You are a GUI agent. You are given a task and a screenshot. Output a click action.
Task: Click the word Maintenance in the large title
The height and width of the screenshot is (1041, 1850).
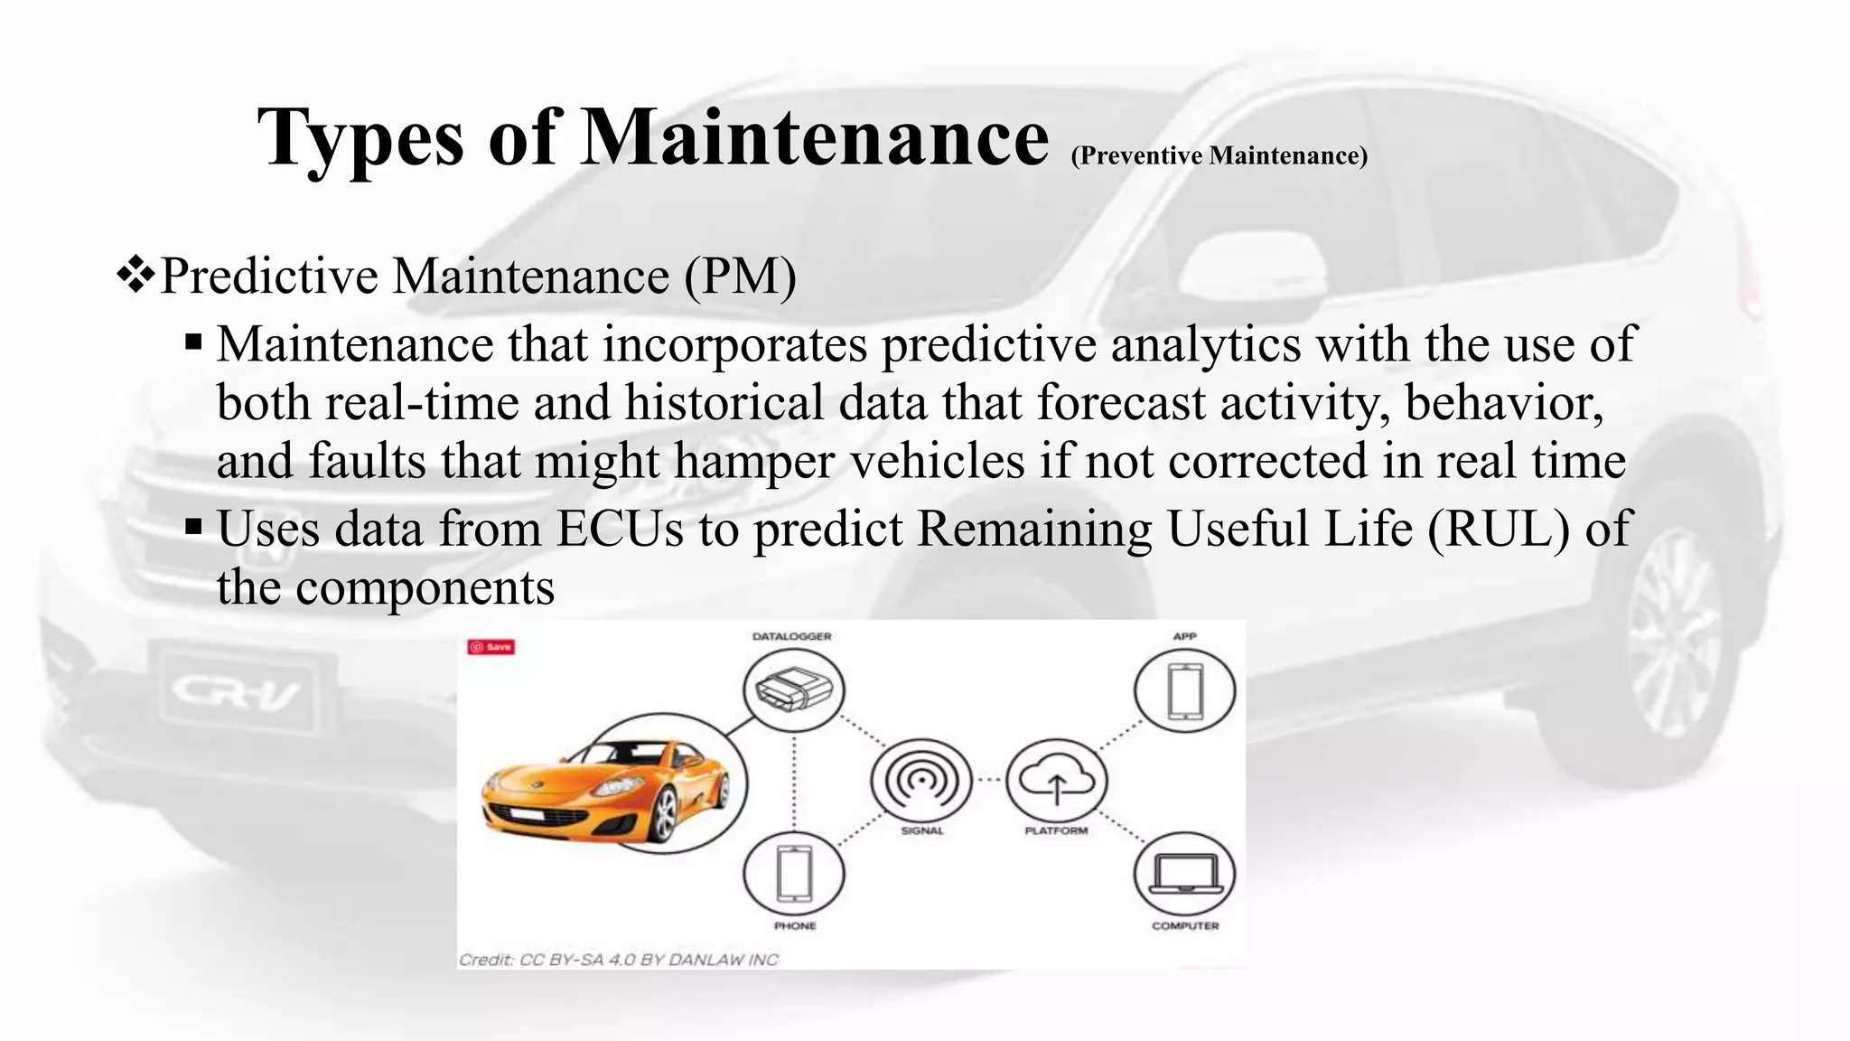coord(813,137)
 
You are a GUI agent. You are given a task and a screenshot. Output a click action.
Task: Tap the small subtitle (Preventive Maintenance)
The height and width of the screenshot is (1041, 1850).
coord(1219,155)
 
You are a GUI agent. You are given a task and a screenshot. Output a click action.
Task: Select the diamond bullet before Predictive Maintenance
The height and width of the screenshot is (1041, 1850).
coord(136,275)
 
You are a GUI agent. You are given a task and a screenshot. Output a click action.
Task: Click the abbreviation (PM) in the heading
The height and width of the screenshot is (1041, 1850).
coord(740,276)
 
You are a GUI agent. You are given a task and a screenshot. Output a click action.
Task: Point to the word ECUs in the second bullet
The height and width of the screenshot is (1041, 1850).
coord(620,529)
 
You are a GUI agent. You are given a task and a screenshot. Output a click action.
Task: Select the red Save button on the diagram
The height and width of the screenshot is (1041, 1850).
coord(491,647)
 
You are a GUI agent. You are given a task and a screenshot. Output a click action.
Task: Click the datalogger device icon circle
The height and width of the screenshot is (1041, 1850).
coord(793,690)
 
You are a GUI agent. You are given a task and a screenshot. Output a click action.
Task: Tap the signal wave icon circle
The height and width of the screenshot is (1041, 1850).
coord(921,780)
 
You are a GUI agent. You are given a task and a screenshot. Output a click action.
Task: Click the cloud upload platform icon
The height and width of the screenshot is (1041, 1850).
coord(1056,780)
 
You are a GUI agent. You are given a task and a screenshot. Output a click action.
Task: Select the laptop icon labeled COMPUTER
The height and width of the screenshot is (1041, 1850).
coord(1184,874)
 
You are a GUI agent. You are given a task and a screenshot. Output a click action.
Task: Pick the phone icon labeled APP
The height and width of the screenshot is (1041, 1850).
coord(1184,690)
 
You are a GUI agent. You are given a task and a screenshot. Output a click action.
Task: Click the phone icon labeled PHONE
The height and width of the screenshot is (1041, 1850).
coord(793,874)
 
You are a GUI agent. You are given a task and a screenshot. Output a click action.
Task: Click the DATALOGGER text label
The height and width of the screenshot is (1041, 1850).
coord(791,636)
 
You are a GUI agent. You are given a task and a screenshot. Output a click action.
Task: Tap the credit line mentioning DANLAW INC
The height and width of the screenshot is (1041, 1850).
coord(618,960)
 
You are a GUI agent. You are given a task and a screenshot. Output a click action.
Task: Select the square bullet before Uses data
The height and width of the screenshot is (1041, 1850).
coord(193,527)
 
